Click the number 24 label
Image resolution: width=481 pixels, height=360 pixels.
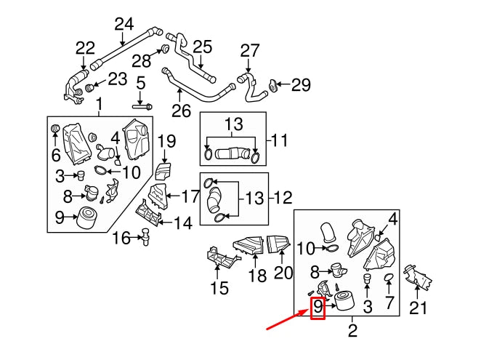(x=124, y=24)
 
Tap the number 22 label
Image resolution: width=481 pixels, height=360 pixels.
(x=85, y=49)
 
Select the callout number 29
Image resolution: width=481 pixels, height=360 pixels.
(x=301, y=85)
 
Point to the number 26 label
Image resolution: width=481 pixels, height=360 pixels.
(x=181, y=111)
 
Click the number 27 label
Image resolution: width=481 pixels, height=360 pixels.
(x=249, y=51)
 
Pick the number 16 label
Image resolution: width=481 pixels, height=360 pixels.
(x=121, y=237)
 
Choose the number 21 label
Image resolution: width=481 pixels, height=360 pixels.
(x=416, y=308)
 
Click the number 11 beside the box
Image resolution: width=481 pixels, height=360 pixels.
(x=280, y=138)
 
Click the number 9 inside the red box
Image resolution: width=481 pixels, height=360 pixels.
(x=318, y=308)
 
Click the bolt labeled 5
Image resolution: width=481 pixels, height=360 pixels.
(x=143, y=106)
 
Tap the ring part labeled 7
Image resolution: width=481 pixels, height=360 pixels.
(x=389, y=279)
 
